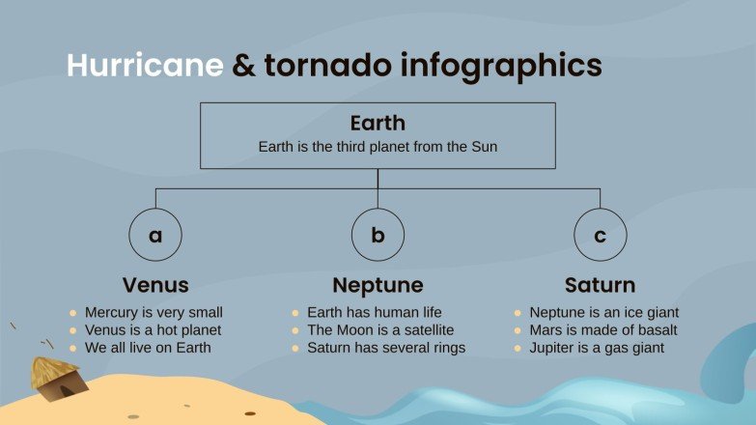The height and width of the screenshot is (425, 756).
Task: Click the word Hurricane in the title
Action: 145,65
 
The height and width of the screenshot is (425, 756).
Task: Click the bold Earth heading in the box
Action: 378,124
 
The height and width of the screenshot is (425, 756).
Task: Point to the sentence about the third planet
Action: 378,147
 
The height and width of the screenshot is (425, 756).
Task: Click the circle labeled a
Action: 155,234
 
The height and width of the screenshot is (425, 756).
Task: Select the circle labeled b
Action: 378,234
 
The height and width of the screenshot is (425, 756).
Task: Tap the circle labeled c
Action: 600,234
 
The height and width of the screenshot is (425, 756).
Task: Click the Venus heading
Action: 155,285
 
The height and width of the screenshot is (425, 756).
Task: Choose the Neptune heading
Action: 378,285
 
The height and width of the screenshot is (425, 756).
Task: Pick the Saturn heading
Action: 600,285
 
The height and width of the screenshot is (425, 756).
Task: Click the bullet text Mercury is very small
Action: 154,312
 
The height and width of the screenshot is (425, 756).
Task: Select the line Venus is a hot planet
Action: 153,329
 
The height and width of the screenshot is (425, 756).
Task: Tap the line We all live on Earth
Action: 147,347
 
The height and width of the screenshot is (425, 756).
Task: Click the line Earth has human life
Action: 374,312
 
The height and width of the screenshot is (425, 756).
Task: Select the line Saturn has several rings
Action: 385,347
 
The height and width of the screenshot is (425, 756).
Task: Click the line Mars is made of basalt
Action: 603,329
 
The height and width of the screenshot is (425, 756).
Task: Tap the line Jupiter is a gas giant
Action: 597,347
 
